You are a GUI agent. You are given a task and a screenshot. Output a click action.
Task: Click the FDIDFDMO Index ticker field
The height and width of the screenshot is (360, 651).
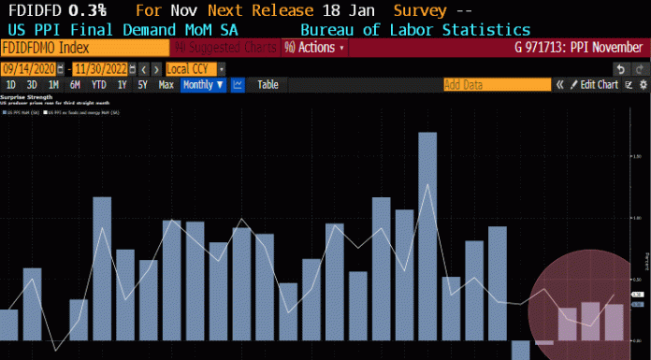pyautogui.click(x=84, y=47)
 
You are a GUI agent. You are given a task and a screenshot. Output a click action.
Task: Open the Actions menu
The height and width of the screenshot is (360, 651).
pyautogui.click(x=314, y=47)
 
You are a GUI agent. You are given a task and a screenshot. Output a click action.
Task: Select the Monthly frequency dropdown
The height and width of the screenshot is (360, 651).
pyautogui.click(x=202, y=85)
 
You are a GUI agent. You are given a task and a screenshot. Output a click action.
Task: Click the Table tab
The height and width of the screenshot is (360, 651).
pyautogui.click(x=268, y=85)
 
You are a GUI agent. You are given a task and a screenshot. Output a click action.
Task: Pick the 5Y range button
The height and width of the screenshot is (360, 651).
pyautogui.click(x=142, y=85)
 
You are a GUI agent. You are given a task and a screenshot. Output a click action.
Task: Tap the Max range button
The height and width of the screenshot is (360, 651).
pyautogui.click(x=166, y=85)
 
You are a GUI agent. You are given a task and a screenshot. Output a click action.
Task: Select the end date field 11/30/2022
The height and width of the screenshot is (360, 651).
pyautogui.click(x=97, y=69)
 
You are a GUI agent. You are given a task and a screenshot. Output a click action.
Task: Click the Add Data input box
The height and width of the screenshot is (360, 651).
pyautogui.click(x=496, y=85)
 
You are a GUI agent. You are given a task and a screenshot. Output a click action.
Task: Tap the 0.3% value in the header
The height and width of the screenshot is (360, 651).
pyautogui.click(x=84, y=11)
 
